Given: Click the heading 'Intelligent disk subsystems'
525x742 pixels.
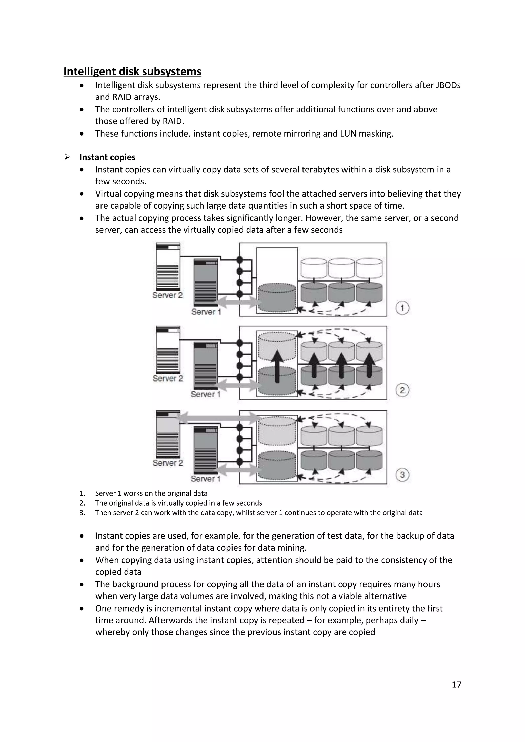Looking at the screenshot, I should (x=132, y=71).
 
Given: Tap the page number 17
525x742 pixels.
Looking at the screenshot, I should (x=456, y=694).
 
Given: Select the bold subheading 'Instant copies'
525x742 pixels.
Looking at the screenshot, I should (x=107, y=157).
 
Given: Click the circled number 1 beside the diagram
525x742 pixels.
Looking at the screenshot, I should (x=402, y=308).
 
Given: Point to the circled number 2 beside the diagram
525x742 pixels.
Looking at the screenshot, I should (x=402, y=390).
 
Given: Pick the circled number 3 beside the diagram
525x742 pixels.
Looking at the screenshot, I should (x=402, y=475).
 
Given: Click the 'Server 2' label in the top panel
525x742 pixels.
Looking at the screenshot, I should (x=167, y=295).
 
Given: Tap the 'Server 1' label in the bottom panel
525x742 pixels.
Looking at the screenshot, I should (x=205, y=479).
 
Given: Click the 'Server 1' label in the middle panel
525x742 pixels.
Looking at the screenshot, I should (x=205, y=394).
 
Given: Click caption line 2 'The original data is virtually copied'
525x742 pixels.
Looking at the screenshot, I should (x=178, y=503).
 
